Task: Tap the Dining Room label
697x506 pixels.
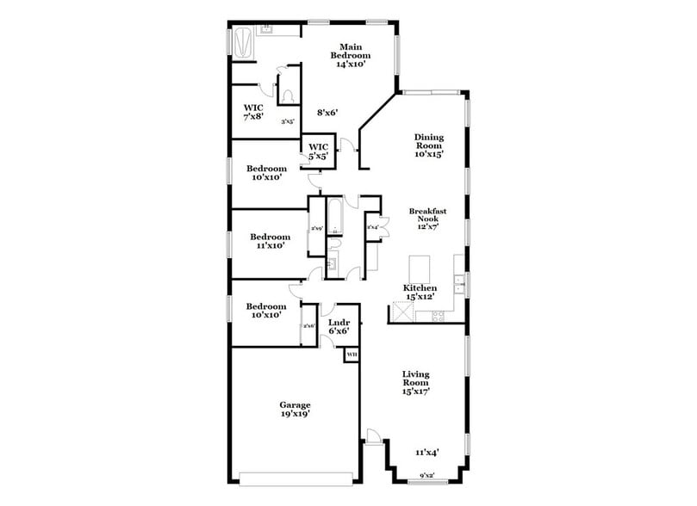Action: pos(428,145)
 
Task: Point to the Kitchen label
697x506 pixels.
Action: pos(420,292)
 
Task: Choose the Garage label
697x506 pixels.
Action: pos(295,409)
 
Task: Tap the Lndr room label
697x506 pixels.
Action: pos(339,327)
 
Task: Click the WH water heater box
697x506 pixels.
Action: pos(352,355)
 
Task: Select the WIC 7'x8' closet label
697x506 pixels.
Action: pos(253,112)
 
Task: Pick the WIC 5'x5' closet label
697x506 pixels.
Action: pos(319,151)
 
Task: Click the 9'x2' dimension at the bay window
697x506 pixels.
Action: pos(427,475)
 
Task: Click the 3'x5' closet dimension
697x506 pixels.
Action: pos(287,122)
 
